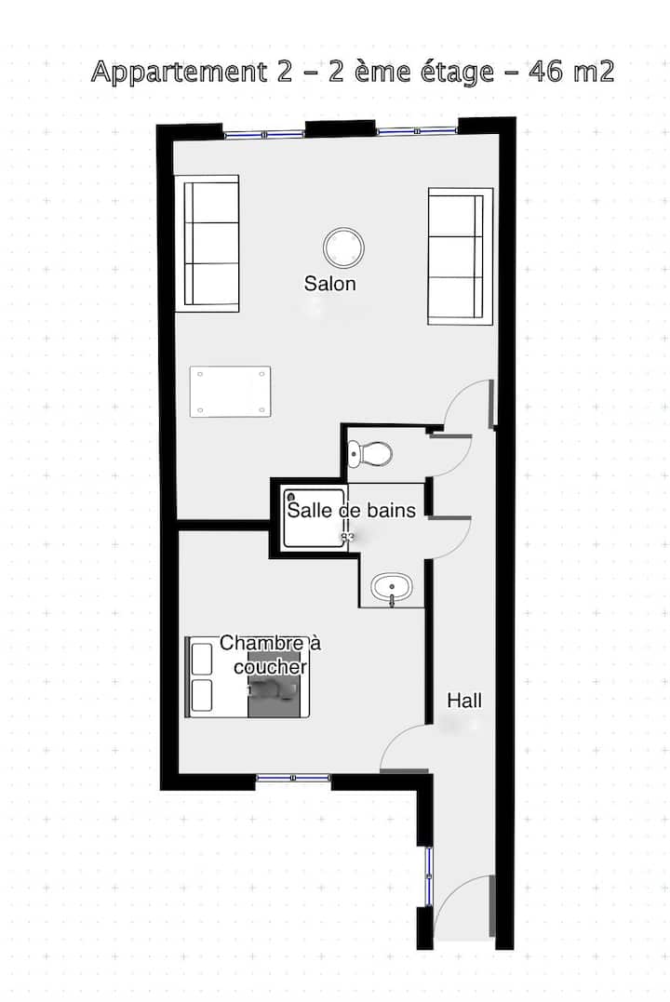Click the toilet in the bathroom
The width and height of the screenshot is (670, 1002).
370,454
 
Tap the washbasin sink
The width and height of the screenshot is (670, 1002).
391,587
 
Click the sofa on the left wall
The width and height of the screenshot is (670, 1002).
208,244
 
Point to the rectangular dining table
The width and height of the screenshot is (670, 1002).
230,392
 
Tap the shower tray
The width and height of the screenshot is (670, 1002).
315,517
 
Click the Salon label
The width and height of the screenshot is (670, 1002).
330,283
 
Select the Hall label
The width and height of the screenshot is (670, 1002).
464,701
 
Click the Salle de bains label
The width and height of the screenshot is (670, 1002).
352,510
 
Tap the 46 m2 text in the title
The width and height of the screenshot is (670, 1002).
571,71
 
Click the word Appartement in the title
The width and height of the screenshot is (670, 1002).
179,73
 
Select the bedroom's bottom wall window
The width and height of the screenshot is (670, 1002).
293,778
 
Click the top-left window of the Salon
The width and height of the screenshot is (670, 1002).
263,134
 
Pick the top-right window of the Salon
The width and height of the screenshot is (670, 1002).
417,131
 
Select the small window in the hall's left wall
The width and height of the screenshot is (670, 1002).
429,876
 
